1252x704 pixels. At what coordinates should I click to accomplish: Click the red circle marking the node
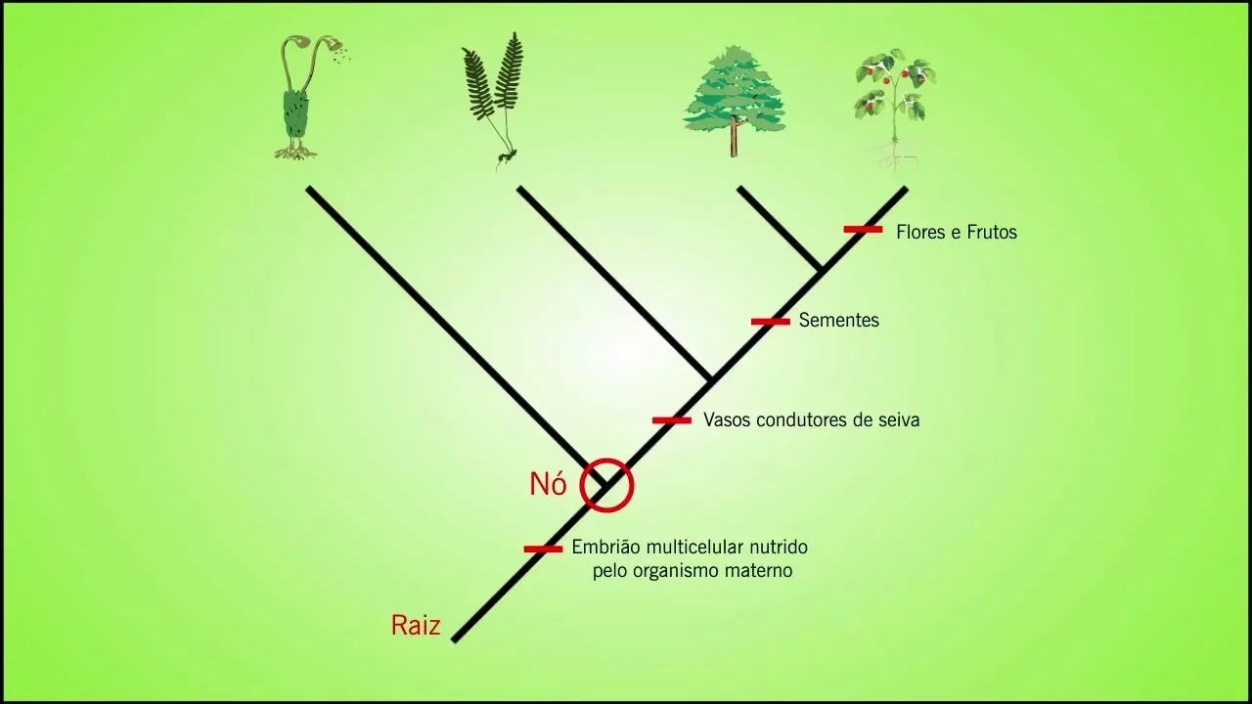click(606, 485)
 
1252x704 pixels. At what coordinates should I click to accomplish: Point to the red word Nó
click(548, 484)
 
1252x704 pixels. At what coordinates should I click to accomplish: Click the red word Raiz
click(416, 626)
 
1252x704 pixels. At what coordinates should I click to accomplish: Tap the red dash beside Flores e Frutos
click(863, 230)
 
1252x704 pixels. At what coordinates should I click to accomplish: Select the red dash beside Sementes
click(770, 321)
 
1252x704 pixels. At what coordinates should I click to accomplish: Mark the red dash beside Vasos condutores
click(672, 420)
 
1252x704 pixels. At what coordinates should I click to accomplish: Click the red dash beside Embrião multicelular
click(543, 549)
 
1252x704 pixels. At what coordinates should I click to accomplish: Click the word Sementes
click(838, 321)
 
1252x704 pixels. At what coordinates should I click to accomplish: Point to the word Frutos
click(991, 233)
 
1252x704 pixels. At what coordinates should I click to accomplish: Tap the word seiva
click(897, 420)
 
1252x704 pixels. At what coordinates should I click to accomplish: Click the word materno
click(756, 571)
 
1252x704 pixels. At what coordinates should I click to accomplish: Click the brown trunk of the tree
click(733, 141)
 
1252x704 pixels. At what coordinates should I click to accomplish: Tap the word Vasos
click(727, 420)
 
